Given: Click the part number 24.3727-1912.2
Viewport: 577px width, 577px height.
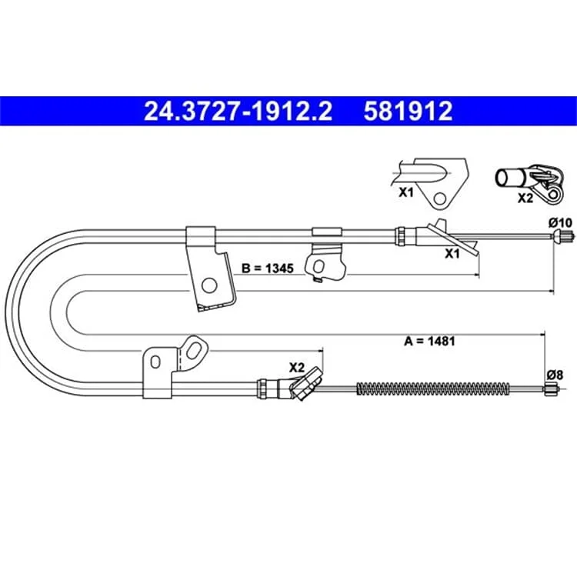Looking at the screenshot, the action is point(238,112).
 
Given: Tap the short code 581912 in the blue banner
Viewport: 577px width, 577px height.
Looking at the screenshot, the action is point(408,112).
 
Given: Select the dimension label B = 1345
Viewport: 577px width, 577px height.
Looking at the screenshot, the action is point(268,268).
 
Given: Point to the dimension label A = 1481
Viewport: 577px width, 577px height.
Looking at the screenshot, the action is point(429,341).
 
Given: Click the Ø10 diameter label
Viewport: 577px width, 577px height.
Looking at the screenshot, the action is point(560,223).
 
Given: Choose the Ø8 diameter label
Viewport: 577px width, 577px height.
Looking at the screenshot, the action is point(555,375).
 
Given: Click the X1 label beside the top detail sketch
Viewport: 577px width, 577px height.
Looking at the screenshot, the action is point(406,192).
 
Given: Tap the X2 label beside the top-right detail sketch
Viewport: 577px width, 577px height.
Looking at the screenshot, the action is point(525,198).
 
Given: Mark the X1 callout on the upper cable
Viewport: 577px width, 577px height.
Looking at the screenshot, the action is point(452,254).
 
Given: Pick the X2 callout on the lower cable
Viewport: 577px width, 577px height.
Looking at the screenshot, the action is point(297,368).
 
